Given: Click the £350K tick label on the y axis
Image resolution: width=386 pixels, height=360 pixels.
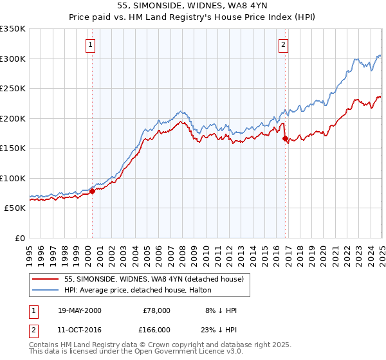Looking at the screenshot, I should click(x=13, y=29).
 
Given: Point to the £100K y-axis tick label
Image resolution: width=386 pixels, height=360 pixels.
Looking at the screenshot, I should click(x=13, y=178).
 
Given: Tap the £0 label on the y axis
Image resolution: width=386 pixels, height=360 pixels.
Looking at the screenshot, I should click(x=20, y=238).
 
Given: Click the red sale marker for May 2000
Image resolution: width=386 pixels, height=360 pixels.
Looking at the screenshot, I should click(x=92, y=191).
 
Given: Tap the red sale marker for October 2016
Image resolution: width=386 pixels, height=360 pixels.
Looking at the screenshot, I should click(x=285, y=138).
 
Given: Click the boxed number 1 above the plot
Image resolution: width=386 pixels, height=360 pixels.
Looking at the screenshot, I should click(x=90, y=45).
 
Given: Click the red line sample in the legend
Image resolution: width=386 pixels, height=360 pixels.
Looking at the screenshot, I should click(x=46, y=280).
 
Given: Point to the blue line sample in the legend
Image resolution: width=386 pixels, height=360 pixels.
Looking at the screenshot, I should click(x=46, y=290).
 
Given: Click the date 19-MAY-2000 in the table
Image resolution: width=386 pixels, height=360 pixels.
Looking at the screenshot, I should click(x=79, y=310).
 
